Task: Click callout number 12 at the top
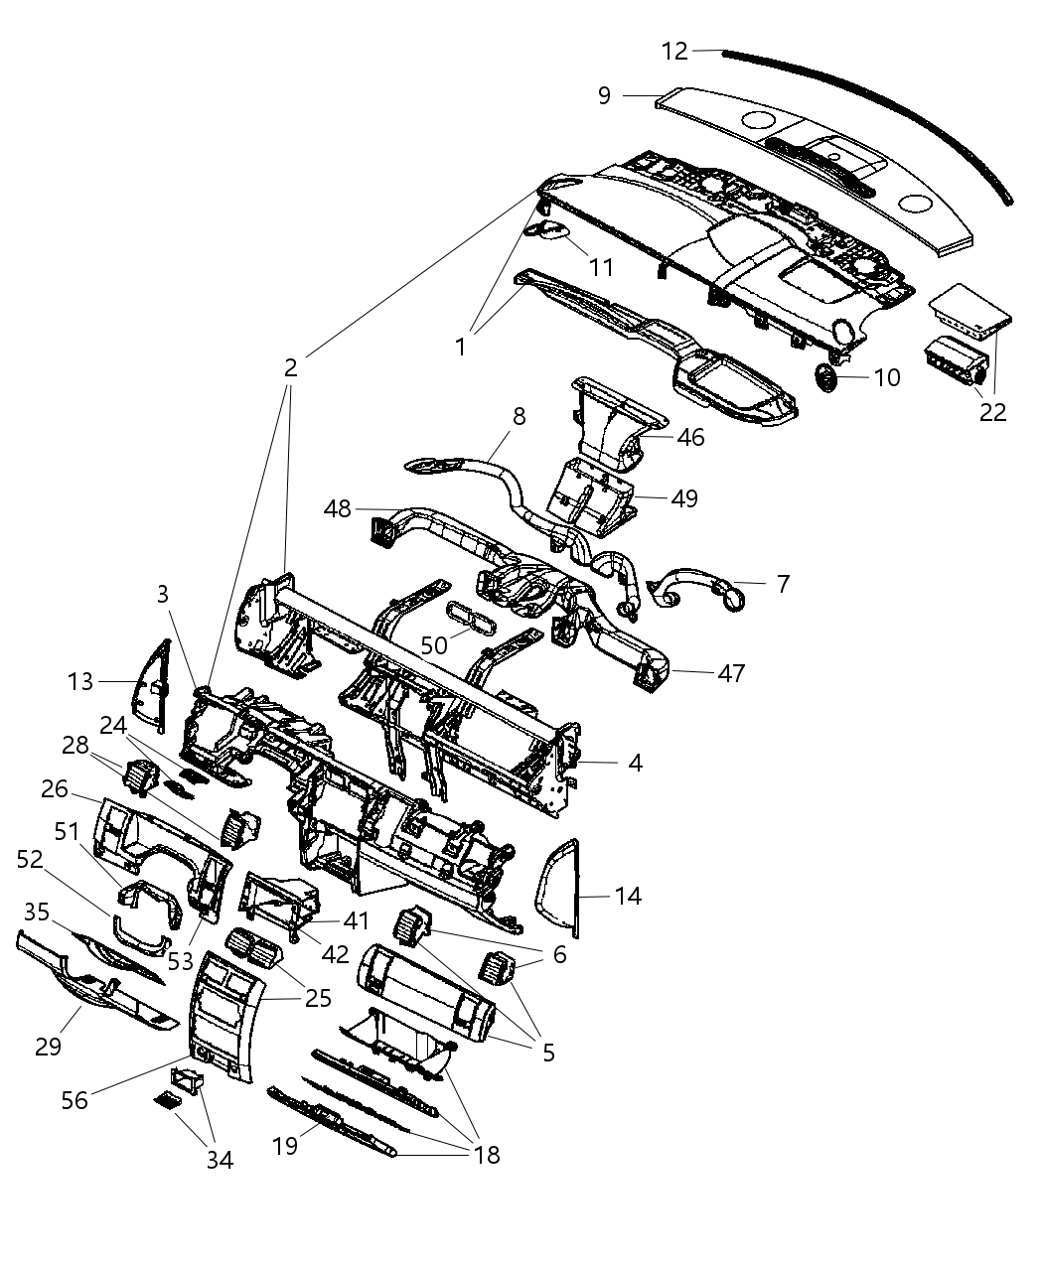tap(674, 50)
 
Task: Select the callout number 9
tap(605, 95)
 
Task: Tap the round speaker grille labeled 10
tap(825, 377)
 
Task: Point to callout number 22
tap(992, 411)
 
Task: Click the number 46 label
tap(690, 437)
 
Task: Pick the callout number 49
tap(684, 497)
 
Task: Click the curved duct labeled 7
tap(700, 590)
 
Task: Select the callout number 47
tap(731, 673)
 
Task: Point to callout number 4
tap(635, 763)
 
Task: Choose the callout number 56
tap(75, 1099)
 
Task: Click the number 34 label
tap(220, 1159)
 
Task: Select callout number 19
tap(285, 1146)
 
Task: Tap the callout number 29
tap(49, 1046)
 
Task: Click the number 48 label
tap(338, 508)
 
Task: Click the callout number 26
tap(55, 789)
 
